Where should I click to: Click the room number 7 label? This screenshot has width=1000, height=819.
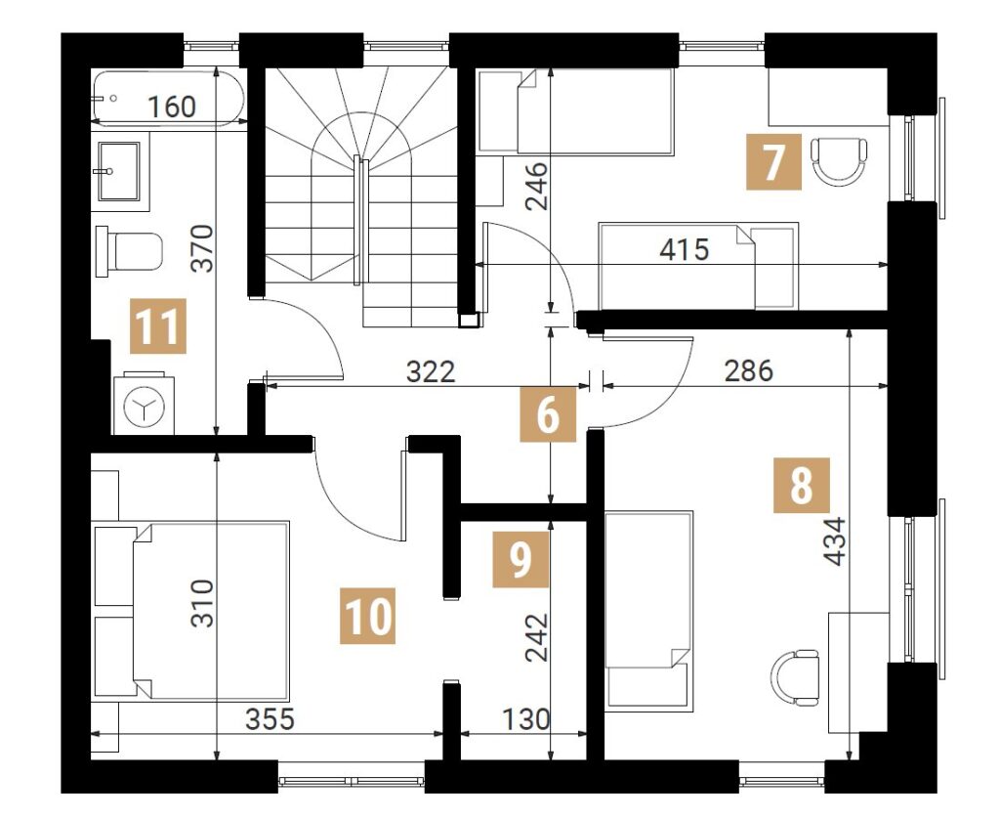[773, 162]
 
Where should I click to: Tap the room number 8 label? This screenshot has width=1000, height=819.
[802, 485]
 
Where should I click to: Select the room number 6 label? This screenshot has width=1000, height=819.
[549, 414]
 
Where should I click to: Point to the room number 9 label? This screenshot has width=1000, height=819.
[521, 559]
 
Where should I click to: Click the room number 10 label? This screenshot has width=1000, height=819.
[367, 616]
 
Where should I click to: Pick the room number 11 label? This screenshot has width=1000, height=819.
[158, 325]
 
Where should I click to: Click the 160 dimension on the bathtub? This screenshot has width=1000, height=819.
[172, 107]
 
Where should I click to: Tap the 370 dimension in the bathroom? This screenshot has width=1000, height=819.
[203, 248]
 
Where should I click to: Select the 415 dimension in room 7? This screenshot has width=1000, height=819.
[685, 249]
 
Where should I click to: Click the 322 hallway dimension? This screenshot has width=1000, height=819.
[431, 371]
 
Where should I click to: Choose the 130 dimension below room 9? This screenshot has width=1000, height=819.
[526, 720]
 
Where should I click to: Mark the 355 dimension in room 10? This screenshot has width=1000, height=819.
[271, 719]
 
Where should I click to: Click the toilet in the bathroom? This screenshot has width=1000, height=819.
[129, 251]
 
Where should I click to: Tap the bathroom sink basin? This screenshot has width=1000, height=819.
[119, 171]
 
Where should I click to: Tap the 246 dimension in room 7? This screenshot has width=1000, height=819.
[536, 187]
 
